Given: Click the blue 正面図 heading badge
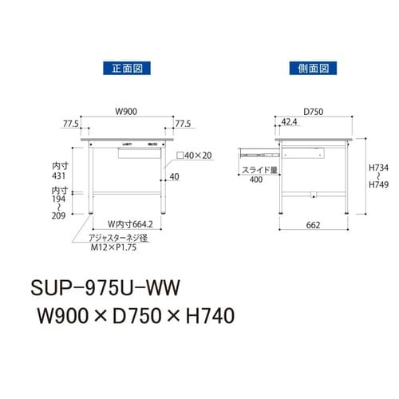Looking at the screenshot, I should (128, 68).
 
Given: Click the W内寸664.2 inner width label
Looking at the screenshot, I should (128, 224).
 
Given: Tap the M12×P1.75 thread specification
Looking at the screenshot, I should (113, 248).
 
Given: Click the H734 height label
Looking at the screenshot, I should (377, 168).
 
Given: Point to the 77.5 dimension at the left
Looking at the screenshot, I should (70, 124).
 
